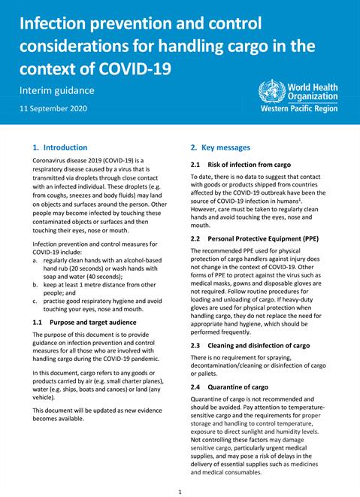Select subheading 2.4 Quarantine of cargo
pyautogui.click(x=228, y=386)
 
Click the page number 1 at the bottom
pyautogui.click(x=180, y=492)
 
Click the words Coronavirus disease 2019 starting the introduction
pyautogui.click(x=75, y=161)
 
